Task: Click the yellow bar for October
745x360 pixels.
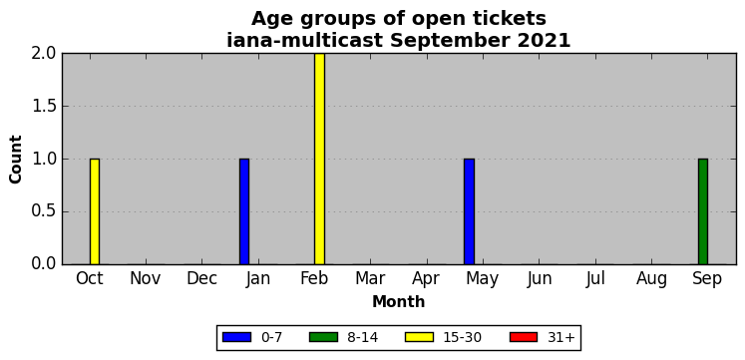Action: (x=95, y=211)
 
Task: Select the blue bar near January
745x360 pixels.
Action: (x=244, y=211)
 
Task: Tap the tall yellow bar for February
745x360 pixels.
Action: (x=319, y=159)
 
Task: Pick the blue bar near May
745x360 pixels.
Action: (x=469, y=211)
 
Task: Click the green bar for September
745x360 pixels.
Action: (x=703, y=211)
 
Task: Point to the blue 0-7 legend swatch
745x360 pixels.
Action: (x=236, y=337)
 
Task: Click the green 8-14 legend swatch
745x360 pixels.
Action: (x=323, y=337)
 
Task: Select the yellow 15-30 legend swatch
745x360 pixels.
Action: (x=419, y=337)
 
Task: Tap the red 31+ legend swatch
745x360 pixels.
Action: (x=524, y=337)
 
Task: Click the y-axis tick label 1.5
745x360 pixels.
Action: (x=44, y=107)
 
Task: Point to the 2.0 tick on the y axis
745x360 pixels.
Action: (x=44, y=54)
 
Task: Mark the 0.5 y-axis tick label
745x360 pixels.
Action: (x=44, y=211)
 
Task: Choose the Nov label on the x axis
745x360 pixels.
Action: (x=146, y=279)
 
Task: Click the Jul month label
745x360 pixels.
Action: (x=594, y=279)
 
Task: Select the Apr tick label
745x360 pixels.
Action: (x=426, y=280)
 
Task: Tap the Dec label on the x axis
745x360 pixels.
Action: (x=201, y=279)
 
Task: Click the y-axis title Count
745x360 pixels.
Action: (x=16, y=160)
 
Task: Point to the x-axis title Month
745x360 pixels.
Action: (x=399, y=301)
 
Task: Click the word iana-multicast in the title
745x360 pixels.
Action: (x=304, y=40)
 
